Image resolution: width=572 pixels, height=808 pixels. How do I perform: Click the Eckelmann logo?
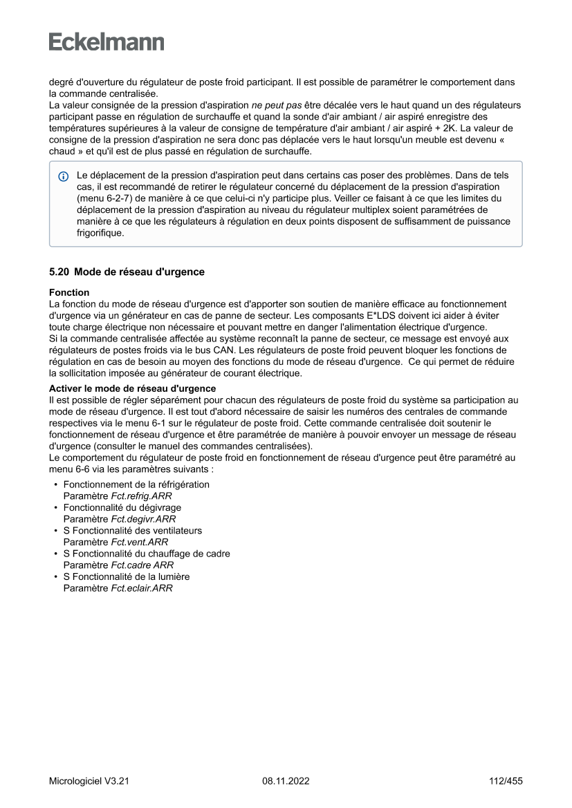point(107,42)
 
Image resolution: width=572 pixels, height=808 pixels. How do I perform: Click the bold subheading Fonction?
point(68,292)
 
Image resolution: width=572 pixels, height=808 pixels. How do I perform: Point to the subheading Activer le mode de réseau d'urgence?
point(132,388)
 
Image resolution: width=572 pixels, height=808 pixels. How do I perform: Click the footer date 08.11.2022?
point(286,782)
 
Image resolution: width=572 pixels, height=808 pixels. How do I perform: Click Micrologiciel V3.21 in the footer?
point(89,782)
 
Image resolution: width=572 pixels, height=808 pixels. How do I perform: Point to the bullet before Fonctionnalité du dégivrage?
point(55,507)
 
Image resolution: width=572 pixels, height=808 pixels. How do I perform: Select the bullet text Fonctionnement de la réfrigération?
point(136,485)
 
